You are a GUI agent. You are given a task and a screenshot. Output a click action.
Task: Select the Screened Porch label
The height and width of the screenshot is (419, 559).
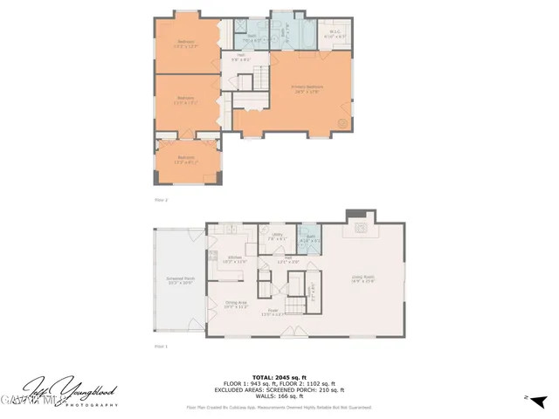tap(181, 282)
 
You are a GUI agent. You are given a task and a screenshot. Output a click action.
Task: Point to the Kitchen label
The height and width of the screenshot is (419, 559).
tap(230, 259)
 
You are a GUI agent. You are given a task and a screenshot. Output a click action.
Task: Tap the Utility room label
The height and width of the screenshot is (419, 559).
tap(278, 237)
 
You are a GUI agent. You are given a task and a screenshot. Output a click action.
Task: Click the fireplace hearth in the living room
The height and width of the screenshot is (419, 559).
tap(360, 231)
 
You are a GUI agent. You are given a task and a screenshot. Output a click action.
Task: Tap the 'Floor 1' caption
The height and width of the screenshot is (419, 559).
tap(160, 347)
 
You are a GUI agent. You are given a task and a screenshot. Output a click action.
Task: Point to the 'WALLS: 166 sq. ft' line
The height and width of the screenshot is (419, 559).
tap(279, 398)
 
